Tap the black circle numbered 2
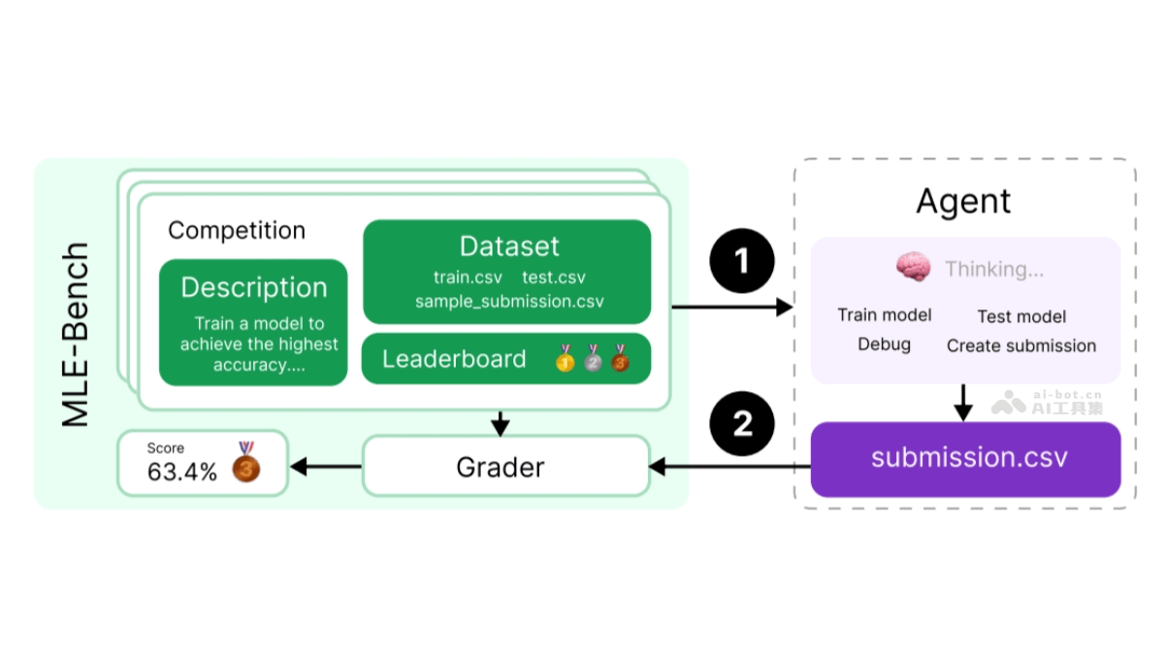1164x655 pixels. click(x=742, y=424)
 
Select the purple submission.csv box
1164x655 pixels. click(x=965, y=459)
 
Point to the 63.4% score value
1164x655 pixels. click(x=181, y=474)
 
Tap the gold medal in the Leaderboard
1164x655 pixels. click(x=565, y=360)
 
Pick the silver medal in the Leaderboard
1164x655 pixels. click(x=592, y=360)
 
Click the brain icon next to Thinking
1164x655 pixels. click(x=913, y=269)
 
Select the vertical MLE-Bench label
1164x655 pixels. click(x=76, y=335)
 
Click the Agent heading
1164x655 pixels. click(x=963, y=202)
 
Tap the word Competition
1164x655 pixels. click(x=237, y=231)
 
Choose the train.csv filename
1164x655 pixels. click(x=468, y=278)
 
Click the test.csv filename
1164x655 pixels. click(x=553, y=278)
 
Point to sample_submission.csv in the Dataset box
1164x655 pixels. click(x=509, y=301)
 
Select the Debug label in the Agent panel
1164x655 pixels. click(x=884, y=344)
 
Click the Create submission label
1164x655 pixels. click(x=1021, y=345)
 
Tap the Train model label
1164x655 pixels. click(x=884, y=315)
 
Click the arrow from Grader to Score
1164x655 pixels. click(x=326, y=467)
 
